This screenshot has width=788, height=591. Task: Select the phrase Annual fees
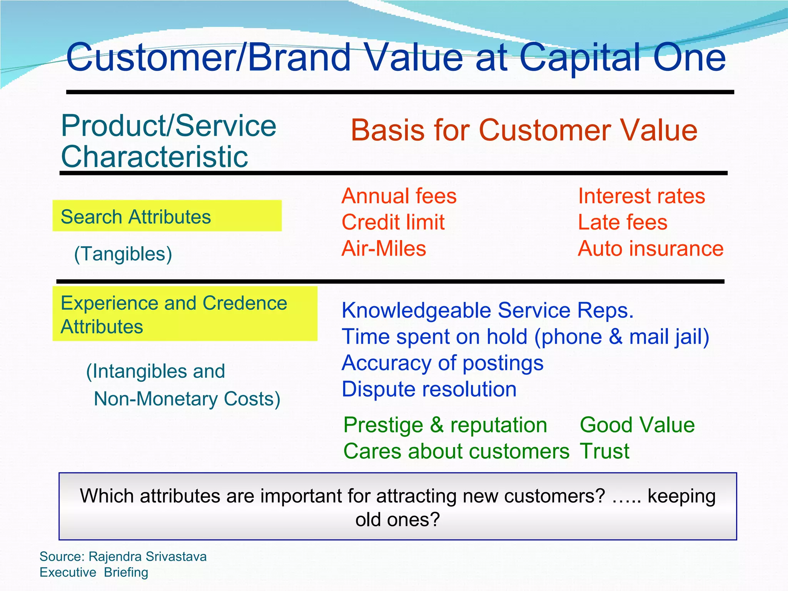point(399,196)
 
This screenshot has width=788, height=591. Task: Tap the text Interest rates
point(641,196)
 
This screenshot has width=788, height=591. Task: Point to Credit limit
point(393,222)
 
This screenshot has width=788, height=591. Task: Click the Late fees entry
point(622,222)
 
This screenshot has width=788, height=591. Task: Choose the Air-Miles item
point(384,249)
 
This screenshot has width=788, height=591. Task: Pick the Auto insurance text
point(650,249)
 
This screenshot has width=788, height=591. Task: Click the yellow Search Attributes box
point(167,216)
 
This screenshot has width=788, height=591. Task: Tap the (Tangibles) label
point(123,254)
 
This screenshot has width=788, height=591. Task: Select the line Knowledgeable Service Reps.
point(487,310)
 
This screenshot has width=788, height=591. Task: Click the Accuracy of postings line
point(442,363)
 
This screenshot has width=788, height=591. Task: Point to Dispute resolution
point(429,389)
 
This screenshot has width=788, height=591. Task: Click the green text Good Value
point(637,425)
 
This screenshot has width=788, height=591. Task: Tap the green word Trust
point(604,451)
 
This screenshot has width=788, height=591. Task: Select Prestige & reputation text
point(445,425)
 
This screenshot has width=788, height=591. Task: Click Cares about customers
point(456,451)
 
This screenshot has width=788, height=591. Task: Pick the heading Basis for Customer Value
point(524,130)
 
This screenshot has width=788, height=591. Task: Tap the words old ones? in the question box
point(397,519)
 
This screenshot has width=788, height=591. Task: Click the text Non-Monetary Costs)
point(187,399)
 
